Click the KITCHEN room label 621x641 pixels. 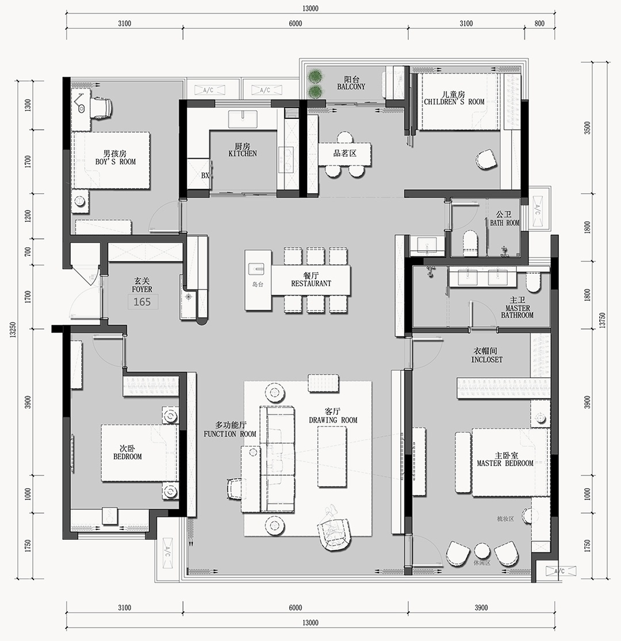243,153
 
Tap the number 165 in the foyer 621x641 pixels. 142,302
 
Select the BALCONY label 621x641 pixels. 351,87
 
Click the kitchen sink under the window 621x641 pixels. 243,118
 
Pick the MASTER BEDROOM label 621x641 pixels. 505,463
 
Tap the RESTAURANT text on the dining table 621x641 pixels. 311,284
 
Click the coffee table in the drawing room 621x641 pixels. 332,456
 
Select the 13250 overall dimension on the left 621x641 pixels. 13,329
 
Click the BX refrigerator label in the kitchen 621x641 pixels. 205,175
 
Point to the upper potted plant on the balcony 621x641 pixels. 315,76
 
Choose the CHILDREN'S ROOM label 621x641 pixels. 454,102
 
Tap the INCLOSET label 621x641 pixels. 487,360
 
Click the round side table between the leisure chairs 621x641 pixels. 482,550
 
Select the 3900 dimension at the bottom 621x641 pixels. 481,608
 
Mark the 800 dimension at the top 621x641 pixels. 540,24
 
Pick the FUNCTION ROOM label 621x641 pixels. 230,434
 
